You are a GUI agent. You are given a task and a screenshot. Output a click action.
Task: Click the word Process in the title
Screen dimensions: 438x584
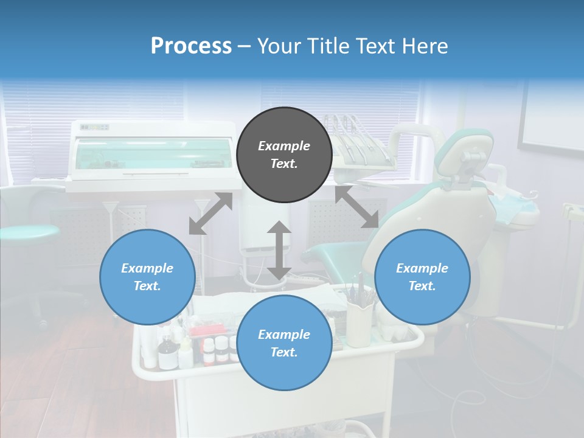[x=191, y=46]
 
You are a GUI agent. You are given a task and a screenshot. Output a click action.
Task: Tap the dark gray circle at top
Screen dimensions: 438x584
[x=284, y=155]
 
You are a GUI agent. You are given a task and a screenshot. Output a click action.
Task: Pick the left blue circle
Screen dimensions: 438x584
[x=147, y=277]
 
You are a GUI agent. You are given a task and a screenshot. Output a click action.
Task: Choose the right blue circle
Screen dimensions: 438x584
[x=422, y=277]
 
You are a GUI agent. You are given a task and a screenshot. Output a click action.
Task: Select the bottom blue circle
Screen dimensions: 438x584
[x=284, y=342]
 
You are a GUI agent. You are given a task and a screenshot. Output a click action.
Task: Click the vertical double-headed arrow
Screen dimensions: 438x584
[x=279, y=250]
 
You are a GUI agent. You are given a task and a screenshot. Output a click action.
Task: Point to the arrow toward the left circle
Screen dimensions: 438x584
[x=210, y=214]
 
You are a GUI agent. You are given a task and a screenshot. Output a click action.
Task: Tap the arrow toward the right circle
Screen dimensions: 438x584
[x=356, y=207]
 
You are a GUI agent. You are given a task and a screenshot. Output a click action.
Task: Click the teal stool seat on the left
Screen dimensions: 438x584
[x=27, y=232]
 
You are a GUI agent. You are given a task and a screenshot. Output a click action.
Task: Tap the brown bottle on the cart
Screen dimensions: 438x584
[x=165, y=355]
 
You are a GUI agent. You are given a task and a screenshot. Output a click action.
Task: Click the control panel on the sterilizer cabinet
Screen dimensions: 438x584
[x=95, y=127]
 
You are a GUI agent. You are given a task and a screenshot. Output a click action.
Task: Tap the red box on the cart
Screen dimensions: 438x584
[x=204, y=332]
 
